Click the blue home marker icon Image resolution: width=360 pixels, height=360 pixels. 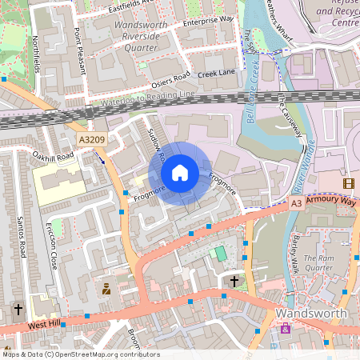coord(180,173)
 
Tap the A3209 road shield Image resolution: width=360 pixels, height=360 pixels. coord(91,140)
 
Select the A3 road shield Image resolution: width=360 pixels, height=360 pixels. coord(297,204)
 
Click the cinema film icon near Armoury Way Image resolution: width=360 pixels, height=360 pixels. coord(348,183)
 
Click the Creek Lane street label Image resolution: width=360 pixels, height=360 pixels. coord(216,74)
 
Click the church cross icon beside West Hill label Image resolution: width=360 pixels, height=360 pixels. coord(18,309)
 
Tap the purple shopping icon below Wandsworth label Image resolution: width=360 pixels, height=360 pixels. coord(286,329)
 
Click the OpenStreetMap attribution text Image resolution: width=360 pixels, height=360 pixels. coord(82,354)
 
